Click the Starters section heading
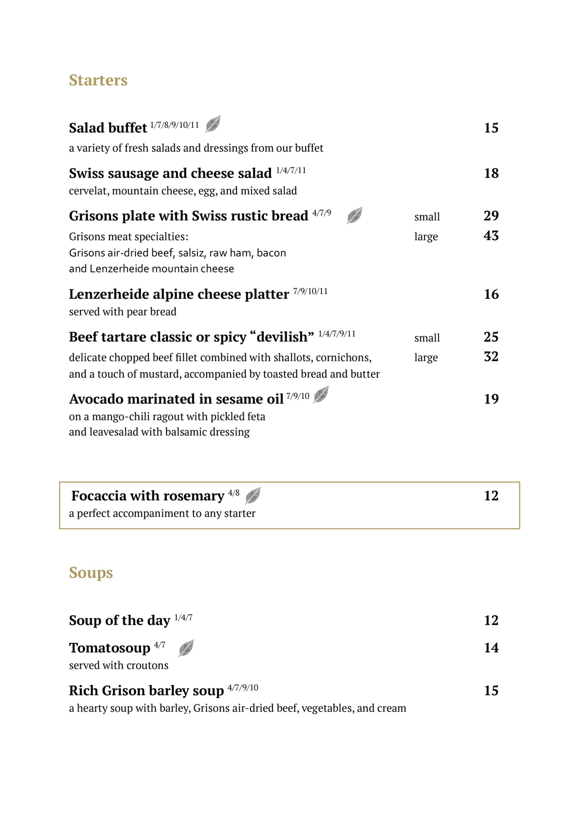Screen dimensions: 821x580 pos(98,80)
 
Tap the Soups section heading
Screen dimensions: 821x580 pos(91,573)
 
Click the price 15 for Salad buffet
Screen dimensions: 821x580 pos(491,128)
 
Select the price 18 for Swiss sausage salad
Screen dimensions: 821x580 pos(491,173)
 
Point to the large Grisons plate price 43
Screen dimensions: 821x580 pos(491,236)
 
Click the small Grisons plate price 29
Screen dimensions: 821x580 pos(491,216)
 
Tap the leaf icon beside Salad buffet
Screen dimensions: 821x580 pos(213,124)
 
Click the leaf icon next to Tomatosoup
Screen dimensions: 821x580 pos(186,648)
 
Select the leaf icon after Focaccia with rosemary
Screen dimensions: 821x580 pos(253,496)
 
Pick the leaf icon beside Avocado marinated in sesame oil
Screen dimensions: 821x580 pos(321,394)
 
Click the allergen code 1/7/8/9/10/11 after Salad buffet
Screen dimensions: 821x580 pos(175,125)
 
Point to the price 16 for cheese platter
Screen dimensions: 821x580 pos(491,294)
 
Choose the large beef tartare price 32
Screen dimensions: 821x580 pos(491,357)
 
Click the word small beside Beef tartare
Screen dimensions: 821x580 pos(427,338)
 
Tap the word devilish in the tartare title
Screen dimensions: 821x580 pos(282,337)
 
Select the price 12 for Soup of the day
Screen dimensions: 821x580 pos(491,620)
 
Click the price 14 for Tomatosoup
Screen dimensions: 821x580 pos(491,648)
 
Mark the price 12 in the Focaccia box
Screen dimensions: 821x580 pos(491,496)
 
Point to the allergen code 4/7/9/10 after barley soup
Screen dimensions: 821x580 pos(243,687)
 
